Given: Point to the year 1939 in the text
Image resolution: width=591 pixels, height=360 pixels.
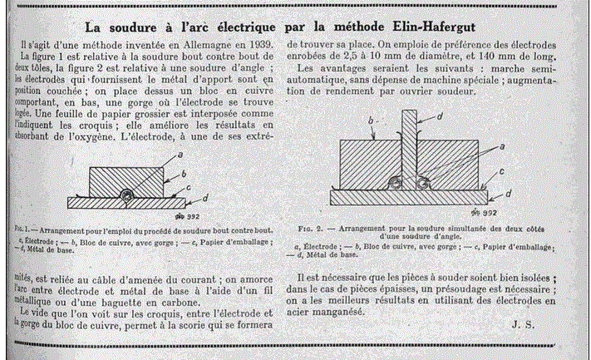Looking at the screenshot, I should point(253,41).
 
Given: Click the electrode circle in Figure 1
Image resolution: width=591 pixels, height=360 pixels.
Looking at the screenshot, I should point(126,195).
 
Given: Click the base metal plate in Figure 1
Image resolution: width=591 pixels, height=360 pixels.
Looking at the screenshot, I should point(91,202).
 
